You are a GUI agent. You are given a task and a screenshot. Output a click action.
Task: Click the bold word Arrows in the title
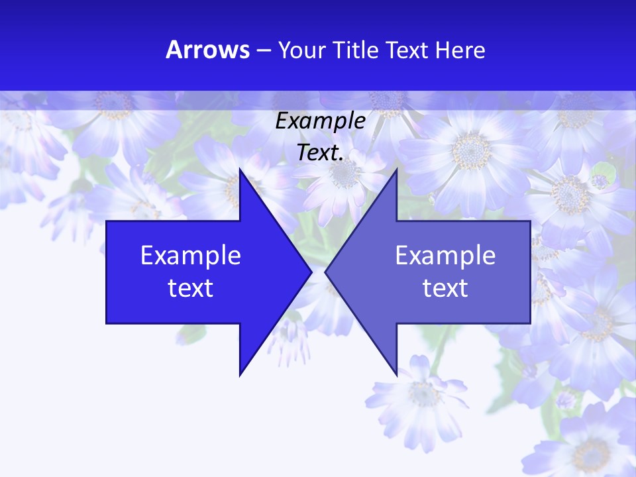click(x=208, y=50)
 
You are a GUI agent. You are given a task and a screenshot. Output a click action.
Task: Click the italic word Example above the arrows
click(x=321, y=121)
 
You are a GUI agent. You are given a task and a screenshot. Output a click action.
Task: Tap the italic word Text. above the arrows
click(x=321, y=153)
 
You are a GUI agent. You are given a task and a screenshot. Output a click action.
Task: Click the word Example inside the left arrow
click(x=191, y=255)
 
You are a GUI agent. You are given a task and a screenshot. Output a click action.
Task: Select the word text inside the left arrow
click(x=191, y=288)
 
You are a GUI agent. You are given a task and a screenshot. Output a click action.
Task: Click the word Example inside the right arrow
click(x=445, y=255)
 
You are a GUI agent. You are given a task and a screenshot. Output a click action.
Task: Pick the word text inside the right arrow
click(x=445, y=288)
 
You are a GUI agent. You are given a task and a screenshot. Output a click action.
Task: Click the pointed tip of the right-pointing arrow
click(x=311, y=272)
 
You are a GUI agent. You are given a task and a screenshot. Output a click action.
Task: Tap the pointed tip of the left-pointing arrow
click(x=325, y=272)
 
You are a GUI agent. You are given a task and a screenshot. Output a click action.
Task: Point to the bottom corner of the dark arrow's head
click(x=240, y=376)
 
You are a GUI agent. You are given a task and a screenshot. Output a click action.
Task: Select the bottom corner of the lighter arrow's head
click(x=397, y=376)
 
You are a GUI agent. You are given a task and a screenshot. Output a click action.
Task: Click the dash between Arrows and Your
click(x=263, y=50)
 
